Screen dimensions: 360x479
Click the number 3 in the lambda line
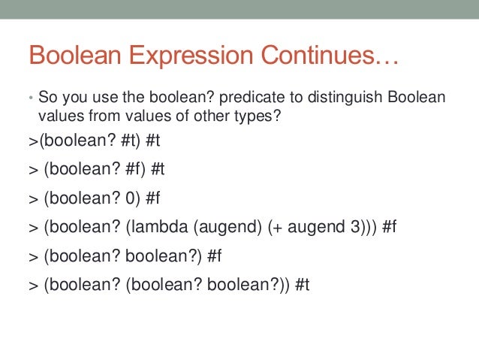tap(356, 228)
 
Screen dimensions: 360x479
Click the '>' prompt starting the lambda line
tap(33, 228)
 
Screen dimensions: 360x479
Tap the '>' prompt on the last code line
tap(33, 286)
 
